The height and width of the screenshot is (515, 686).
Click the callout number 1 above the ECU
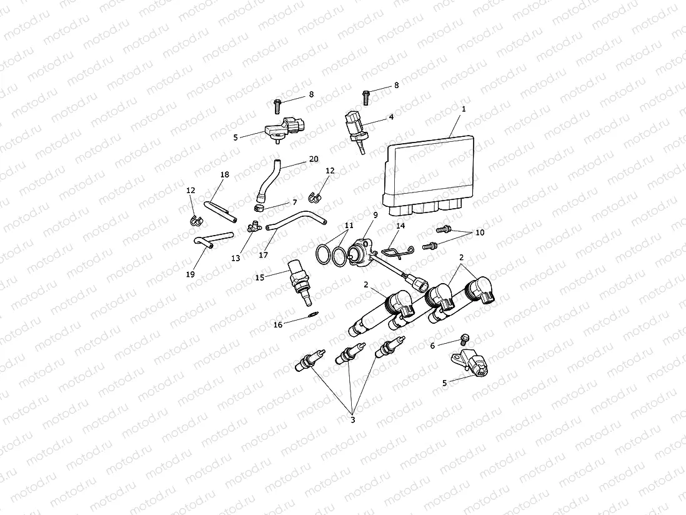tap(464, 109)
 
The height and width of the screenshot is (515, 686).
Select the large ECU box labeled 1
tap(430, 172)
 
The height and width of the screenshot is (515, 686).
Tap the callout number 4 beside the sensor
tap(391, 117)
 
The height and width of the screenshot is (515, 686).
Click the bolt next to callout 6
tap(464, 339)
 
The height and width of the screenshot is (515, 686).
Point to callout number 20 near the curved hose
tap(314, 159)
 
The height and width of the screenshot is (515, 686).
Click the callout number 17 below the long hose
tap(264, 255)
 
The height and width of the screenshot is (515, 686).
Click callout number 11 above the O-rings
tap(348, 224)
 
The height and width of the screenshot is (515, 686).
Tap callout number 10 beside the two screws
tap(480, 232)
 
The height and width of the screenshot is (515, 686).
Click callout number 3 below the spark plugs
tap(352, 420)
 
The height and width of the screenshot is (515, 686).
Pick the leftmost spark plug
tap(310, 361)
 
